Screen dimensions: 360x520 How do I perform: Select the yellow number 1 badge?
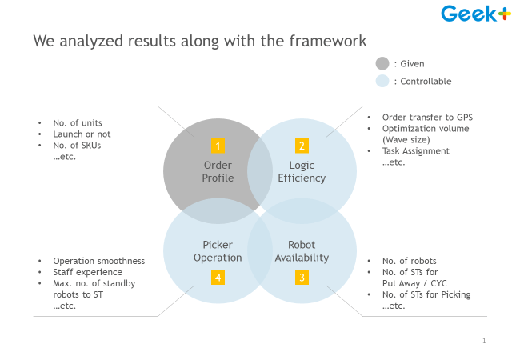click(x=218, y=146)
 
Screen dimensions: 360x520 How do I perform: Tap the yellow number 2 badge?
click(x=302, y=146)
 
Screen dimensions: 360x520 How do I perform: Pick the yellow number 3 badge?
click(x=302, y=278)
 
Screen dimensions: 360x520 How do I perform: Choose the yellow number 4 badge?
click(x=218, y=278)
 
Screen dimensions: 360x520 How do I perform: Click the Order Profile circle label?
click(x=218, y=172)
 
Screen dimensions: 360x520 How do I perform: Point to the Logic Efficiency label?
click(x=302, y=172)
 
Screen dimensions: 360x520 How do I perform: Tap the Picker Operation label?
click(x=218, y=251)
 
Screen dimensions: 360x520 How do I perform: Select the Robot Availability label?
click(x=302, y=251)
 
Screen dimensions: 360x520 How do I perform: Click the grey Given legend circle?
click(x=382, y=63)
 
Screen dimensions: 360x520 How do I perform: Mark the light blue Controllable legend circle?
click(x=382, y=81)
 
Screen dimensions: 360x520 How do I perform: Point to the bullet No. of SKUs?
click(x=77, y=145)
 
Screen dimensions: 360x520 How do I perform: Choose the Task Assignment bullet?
click(x=415, y=150)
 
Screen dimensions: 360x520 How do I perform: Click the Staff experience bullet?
click(x=87, y=272)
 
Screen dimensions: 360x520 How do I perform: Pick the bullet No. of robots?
click(x=409, y=261)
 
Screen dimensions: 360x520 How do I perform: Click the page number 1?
click(x=484, y=341)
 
